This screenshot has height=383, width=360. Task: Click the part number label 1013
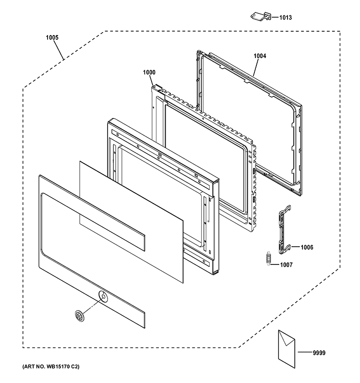(285, 18)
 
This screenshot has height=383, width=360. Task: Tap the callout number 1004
(260, 56)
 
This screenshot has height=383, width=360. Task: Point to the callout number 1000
(149, 72)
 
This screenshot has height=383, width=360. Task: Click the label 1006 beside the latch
(307, 247)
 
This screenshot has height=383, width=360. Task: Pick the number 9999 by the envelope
(318, 353)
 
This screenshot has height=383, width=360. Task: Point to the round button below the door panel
(80, 315)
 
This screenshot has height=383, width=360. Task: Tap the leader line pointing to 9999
(303, 353)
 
